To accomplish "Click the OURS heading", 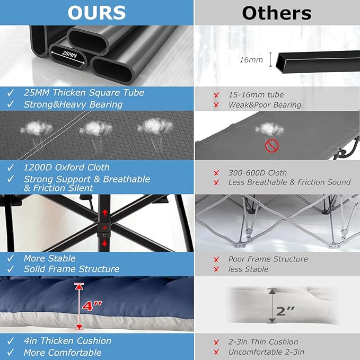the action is [x=96, y=13].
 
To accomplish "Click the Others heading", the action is [x=277, y=13].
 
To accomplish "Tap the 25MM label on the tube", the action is [x=69, y=55].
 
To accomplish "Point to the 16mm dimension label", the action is [x=251, y=60].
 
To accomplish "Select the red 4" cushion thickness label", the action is [x=92, y=306].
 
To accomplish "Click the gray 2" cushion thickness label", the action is [x=285, y=311].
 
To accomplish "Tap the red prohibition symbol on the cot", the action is [x=272, y=146].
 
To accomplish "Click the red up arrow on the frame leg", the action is [x=105, y=213].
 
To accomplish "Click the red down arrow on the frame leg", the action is [x=104, y=242].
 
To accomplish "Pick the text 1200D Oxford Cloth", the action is [x=67, y=168].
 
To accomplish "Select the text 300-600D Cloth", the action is [x=258, y=173].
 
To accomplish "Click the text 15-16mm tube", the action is [x=256, y=94].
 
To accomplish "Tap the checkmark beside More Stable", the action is [x=10, y=258].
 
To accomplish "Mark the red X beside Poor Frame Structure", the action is [x=216, y=259].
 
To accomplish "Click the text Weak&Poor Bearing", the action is [x=265, y=105].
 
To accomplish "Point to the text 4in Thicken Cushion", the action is [x=67, y=341].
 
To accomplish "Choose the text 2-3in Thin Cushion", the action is [x=263, y=342].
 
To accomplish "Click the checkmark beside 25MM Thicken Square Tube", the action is [x=10, y=93].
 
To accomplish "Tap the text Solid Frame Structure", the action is [x=72, y=269].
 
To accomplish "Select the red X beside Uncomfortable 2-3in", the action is [x=216, y=352].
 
